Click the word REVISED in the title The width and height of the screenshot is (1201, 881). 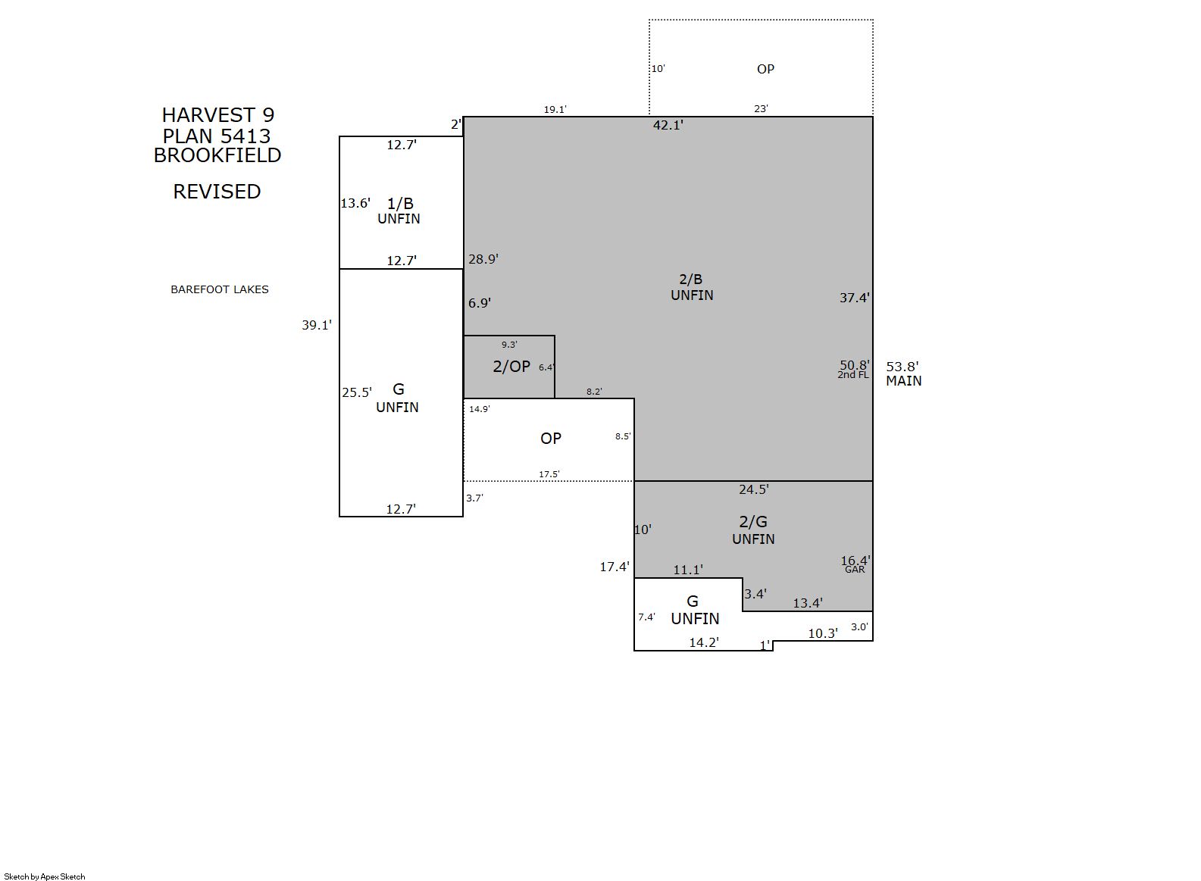coord(217,192)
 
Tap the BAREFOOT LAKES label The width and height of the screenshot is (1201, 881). coord(219,289)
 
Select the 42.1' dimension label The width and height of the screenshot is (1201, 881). coord(668,125)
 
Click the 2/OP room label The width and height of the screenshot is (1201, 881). coord(511,367)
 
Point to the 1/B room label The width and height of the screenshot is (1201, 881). coord(400,203)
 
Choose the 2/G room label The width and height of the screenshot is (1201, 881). coord(752,521)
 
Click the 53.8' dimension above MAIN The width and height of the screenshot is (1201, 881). coord(902,367)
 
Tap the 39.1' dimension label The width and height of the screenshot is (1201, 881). coord(316,325)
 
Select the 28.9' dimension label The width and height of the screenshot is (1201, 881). coord(483,259)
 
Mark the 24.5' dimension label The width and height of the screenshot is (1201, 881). coord(753,489)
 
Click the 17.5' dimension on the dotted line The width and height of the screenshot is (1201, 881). coord(549,474)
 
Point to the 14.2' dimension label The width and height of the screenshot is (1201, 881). coord(703,642)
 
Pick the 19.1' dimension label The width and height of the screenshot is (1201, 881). coord(555,109)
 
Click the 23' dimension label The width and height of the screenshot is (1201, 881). coord(761,109)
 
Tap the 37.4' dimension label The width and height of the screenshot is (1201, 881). coord(854,298)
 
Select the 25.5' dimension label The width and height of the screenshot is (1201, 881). coord(357,392)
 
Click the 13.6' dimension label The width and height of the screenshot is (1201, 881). coord(355,202)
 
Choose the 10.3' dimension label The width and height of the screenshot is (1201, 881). coord(822,633)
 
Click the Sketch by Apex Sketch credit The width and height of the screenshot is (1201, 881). coord(45,876)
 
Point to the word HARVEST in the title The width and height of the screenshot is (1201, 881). coord(208,114)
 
